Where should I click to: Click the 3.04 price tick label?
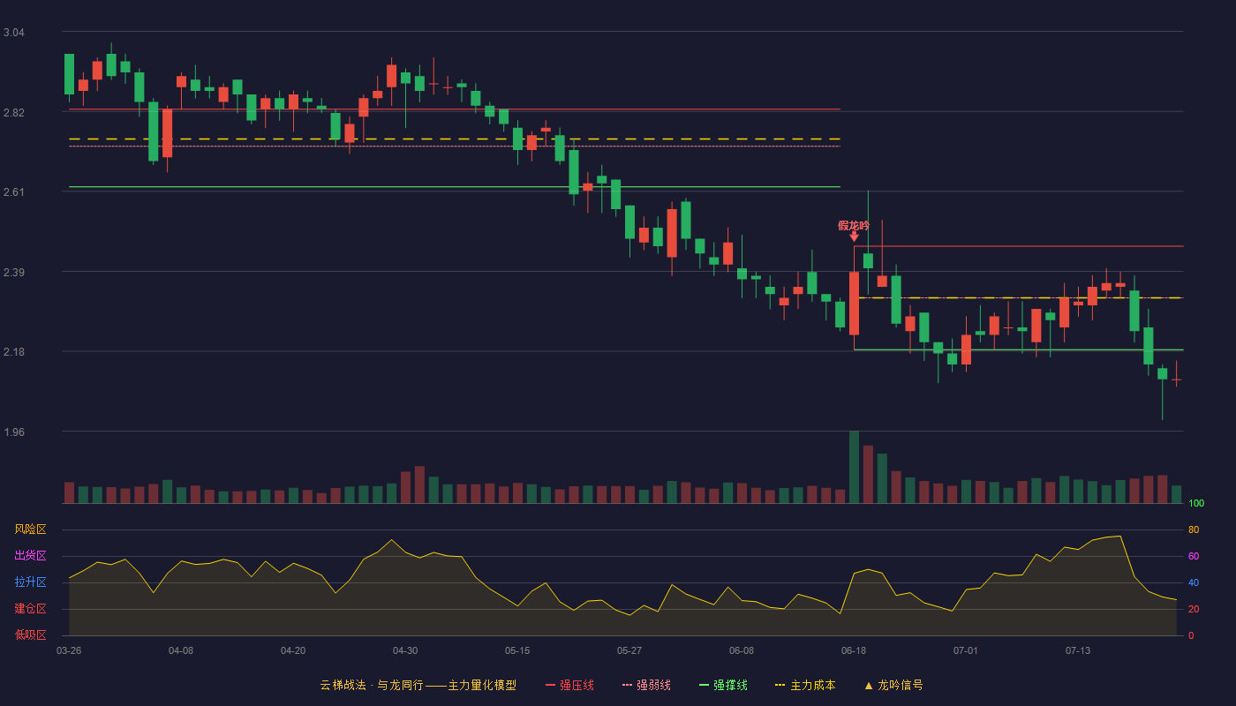[14, 33]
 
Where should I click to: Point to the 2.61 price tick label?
[14, 192]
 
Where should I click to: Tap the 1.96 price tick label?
[14, 432]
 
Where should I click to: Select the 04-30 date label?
[405, 651]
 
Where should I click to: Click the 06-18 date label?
[854, 651]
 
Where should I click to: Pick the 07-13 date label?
[1078, 651]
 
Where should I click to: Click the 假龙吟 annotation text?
[854, 226]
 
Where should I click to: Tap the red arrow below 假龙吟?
[855, 237]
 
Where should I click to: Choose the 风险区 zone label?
[30, 529]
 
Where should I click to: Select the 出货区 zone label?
[30, 555]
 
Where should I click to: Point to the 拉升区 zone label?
[30, 582]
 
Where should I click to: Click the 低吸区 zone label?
[30, 635]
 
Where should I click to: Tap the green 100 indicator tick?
[1196, 503]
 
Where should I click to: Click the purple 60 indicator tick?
[1194, 556]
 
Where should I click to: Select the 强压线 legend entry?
[569, 685]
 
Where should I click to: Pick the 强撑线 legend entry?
[723, 685]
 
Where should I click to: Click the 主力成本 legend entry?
[805, 685]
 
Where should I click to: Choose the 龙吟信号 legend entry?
[893, 685]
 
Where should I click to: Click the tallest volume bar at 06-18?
[854, 467]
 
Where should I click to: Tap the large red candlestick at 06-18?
[855, 304]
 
